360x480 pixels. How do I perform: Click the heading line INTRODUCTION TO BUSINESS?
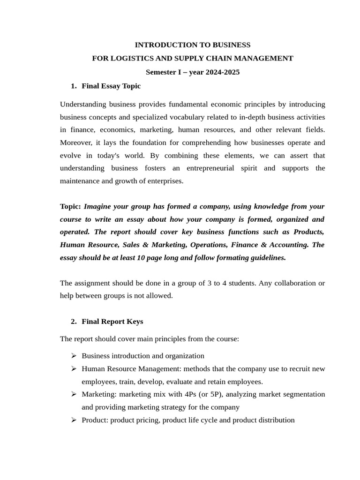click(x=192, y=45)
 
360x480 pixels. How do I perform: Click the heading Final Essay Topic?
click(x=111, y=86)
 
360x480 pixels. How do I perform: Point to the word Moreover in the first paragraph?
click(x=75, y=142)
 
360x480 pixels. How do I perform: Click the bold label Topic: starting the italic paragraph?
click(x=70, y=206)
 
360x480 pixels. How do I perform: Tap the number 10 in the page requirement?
click(x=141, y=257)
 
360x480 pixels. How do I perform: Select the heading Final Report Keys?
click(x=112, y=321)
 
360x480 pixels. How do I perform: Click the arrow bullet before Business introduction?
click(x=74, y=356)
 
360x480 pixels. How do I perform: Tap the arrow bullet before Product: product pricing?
click(x=74, y=420)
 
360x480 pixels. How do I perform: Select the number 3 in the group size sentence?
click(x=209, y=283)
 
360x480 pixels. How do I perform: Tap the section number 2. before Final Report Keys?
click(x=74, y=321)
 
